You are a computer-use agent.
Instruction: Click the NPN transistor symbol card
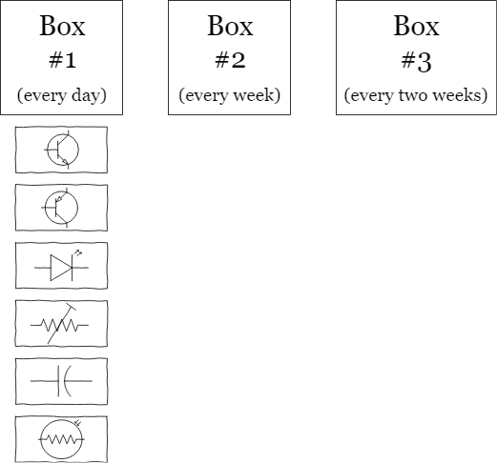pos(61,150)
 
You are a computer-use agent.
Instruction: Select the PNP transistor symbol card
pos(61,208)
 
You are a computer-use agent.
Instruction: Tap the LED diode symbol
pos(61,267)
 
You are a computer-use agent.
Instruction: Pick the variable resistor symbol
pos(60,324)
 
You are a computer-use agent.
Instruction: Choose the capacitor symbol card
pos(61,381)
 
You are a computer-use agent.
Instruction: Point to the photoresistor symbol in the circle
pos(61,439)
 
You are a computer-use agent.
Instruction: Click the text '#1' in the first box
pos(62,60)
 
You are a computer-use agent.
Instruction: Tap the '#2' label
pos(230,60)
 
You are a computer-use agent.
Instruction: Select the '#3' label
pos(416,61)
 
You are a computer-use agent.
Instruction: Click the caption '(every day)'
pos(62,95)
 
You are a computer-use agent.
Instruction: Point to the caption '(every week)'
pos(230,95)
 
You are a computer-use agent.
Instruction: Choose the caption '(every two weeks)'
pos(416,95)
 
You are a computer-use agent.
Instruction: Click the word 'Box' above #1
pos(62,26)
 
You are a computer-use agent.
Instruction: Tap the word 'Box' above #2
pos(230,26)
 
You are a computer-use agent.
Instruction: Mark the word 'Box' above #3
pos(416,26)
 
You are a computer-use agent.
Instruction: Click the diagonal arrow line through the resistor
pos(61,324)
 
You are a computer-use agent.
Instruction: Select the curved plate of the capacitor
pos(66,381)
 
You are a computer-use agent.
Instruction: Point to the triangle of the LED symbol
pos(61,268)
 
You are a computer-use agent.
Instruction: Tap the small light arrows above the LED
pos(78,252)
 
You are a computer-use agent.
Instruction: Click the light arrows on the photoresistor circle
pos(77,423)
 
